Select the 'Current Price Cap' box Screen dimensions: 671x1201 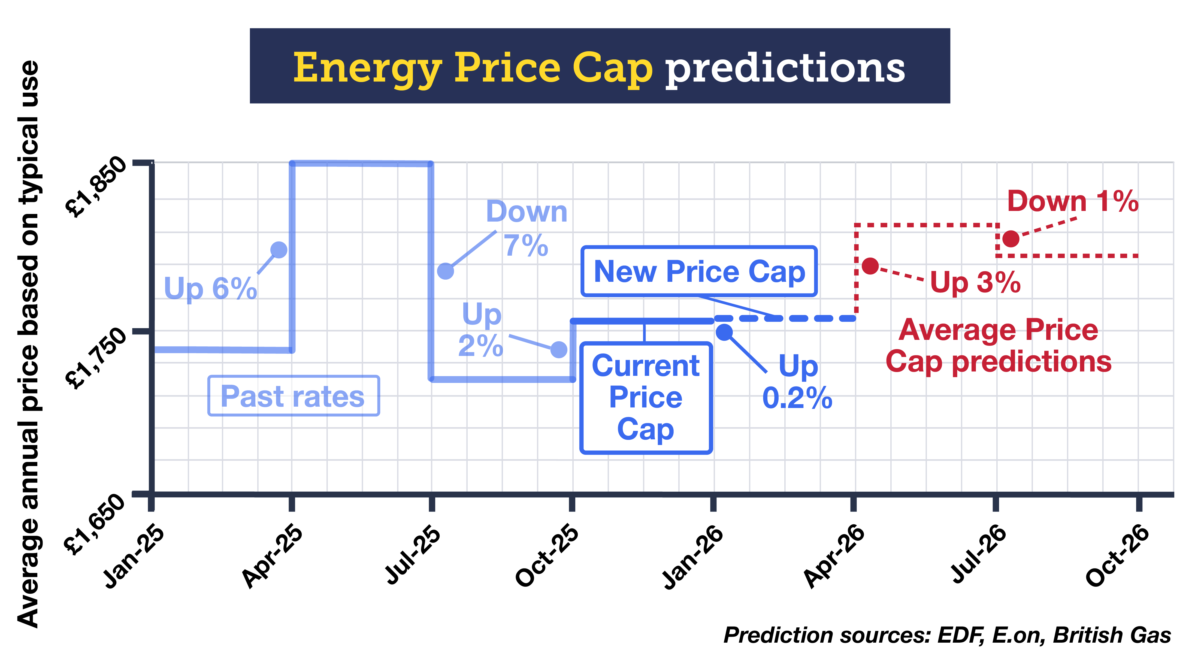pos(645,397)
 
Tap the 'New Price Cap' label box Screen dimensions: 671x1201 pos(699,271)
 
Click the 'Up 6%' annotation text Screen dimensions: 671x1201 pos(210,288)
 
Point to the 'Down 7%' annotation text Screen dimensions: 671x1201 pos(526,228)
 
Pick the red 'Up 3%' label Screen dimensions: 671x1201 pos(975,283)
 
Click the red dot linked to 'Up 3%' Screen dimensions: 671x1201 pos(870,266)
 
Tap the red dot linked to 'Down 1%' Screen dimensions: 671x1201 pos(1010,239)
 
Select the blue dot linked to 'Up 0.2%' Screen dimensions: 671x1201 pos(724,332)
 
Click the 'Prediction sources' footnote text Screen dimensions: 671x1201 pos(946,635)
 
